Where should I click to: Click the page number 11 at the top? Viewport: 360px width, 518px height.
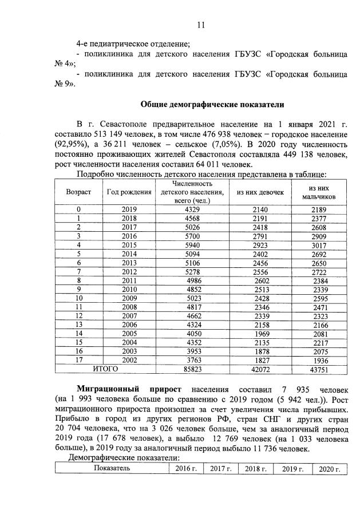200,25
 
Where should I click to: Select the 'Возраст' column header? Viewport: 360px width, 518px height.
77,192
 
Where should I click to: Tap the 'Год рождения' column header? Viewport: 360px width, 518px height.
129,192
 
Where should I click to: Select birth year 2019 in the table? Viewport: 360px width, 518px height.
129,210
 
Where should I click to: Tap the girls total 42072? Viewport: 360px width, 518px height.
260,370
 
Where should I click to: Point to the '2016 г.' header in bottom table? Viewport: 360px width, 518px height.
183,468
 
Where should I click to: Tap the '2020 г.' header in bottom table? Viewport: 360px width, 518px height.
329,468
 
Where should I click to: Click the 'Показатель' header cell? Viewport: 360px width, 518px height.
112,468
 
